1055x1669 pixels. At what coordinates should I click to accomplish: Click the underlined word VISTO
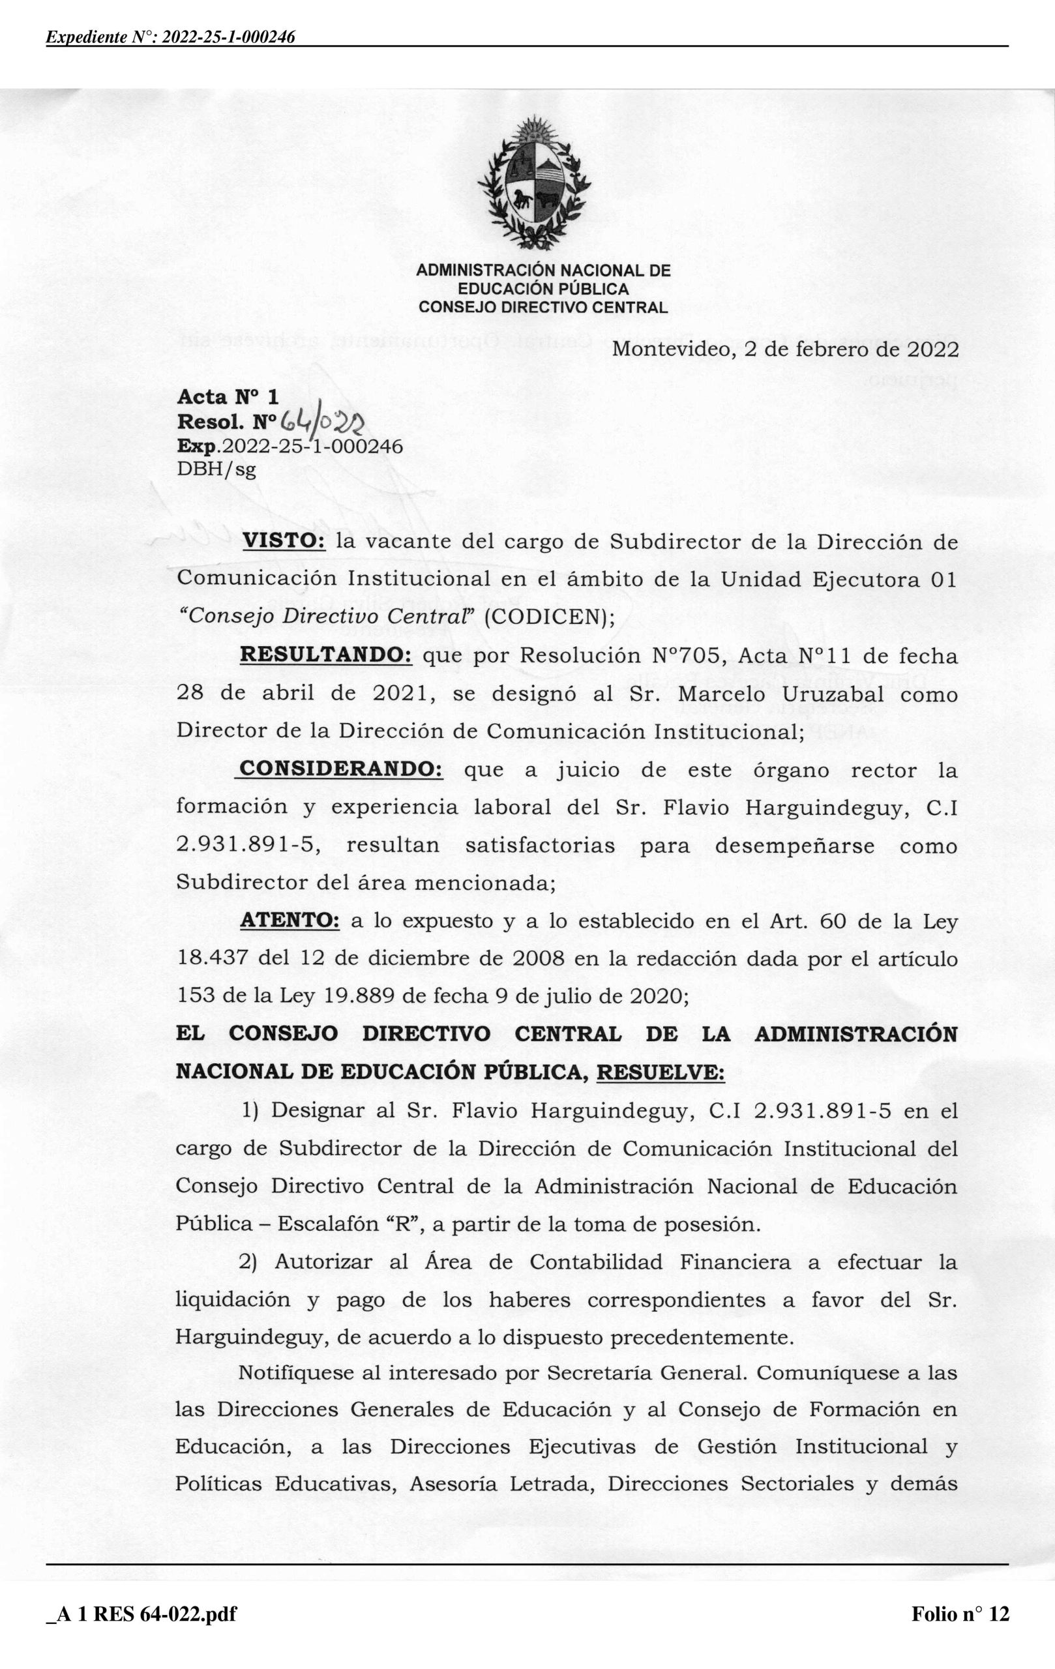click(284, 541)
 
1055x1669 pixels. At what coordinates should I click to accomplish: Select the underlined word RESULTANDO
click(326, 655)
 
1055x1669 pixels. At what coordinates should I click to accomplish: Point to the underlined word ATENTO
click(290, 921)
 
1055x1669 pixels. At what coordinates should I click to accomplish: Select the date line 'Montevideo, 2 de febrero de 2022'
click(785, 349)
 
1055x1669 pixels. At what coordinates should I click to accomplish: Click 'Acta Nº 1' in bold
click(228, 396)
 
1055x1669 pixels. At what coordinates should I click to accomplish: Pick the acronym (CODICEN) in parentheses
click(548, 617)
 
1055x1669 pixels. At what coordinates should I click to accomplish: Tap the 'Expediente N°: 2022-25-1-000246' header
click(171, 37)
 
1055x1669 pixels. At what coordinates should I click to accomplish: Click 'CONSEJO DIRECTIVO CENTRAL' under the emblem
click(543, 307)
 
